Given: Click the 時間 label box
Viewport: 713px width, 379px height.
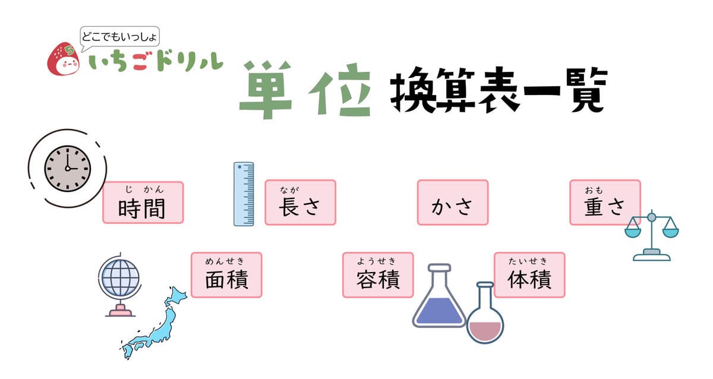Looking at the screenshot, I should (143, 203).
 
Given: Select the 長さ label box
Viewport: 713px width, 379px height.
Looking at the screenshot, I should (300, 203).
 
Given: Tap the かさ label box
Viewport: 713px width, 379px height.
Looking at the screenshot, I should (453, 203).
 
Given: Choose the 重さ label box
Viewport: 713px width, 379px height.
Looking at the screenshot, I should (605, 203).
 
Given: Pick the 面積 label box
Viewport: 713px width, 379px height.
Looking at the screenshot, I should (226, 275).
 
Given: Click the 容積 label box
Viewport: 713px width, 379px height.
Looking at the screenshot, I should (378, 275).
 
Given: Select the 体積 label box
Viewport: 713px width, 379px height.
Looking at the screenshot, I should (529, 275).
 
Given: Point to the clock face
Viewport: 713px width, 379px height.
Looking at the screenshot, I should (68, 168).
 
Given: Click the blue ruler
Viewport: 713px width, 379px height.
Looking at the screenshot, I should (244, 194).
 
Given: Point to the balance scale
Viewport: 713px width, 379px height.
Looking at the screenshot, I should (652, 235).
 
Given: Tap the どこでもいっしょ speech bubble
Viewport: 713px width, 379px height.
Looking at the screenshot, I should (121, 37).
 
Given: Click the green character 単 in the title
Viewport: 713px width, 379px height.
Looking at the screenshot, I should (266, 89).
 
